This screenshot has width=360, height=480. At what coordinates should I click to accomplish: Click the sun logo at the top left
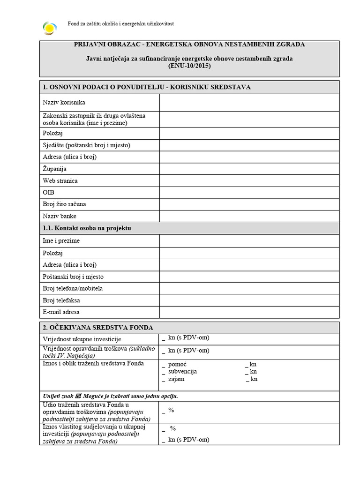pyautogui.click(x=49, y=28)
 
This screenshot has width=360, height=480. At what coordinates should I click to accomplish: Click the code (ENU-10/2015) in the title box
pyautogui.click(x=189, y=66)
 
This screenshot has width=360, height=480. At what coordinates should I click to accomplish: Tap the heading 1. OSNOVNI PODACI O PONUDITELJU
pyautogui.click(x=146, y=87)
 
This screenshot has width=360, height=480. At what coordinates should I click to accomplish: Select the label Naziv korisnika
pyautogui.click(x=64, y=102)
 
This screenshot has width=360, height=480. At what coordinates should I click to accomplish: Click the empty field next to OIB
pyautogui.click(x=249, y=192)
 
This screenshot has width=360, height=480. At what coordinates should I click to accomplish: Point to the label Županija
pyautogui.click(x=55, y=169)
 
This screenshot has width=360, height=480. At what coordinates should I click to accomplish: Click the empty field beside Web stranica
pyautogui.click(x=249, y=180)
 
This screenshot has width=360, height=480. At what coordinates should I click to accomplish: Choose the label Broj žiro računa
pyautogui.click(x=65, y=204)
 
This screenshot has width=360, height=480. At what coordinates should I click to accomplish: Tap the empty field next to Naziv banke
pyautogui.click(x=249, y=216)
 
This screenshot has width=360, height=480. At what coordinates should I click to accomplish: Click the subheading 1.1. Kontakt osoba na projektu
pyautogui.click(x=87, y=228)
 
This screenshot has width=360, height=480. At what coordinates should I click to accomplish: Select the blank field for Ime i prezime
pyautogui.click(x=249, y=240)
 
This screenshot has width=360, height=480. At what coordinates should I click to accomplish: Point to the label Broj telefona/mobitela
pyautogui.click(x=73, y=288)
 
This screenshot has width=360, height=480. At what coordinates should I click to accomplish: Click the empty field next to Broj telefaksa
pyautogui.click(x=249, y=300)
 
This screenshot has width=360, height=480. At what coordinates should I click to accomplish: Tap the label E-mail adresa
pyautogui.click(x=61, y=312)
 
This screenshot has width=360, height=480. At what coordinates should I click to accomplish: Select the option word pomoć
pyautogui.click(x=178, y=364)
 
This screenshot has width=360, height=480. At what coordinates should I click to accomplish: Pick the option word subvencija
pyautogui.click(x=182, y=371)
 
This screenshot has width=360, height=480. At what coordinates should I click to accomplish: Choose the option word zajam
pyautogui.click(x=176, y=379)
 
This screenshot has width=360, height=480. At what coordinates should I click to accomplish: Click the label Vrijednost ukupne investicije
pyautogui.click(x=82, y=339)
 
